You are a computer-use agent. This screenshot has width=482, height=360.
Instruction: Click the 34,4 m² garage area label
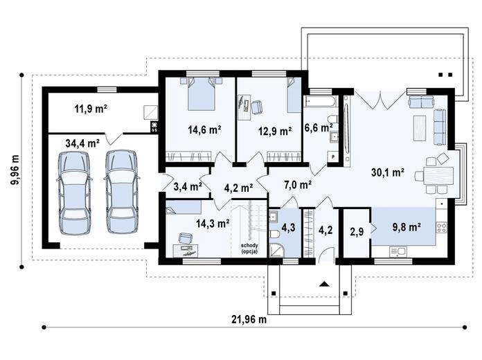click(x=82, y=143)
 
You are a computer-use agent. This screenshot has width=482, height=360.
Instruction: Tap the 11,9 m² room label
click(x=91, y=109)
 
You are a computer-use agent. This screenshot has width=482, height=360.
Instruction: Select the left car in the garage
click(x=74, y=192)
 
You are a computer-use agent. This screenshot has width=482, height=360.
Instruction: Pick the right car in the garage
click(x=121, y=191)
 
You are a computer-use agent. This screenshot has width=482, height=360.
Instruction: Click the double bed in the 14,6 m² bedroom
click(x=201, y=93)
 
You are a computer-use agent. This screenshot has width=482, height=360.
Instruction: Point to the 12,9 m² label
click(x=275, y=132)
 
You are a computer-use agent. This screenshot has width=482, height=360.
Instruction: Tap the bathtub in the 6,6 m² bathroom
click(x=321, y=101)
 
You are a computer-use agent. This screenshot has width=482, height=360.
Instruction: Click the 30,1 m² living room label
click(x=388, y=172)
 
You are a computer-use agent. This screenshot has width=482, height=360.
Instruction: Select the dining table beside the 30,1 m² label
click(x=438, y=175)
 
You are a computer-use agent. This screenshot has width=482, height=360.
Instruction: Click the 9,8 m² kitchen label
click(x=407, y=227)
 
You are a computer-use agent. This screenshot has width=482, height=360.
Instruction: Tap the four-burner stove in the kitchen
click(x=442, y=228)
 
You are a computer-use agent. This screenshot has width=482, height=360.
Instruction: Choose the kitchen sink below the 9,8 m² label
click(x=398, y=252)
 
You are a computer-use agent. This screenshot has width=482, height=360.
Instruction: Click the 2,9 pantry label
click(x=357, y=231)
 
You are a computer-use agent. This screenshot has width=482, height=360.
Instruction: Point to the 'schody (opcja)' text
click(x=249, y=249)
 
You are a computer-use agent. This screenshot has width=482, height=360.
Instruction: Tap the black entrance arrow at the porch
click(x=324, y=284)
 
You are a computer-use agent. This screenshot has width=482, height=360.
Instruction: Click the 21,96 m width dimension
click(x=249, y=320)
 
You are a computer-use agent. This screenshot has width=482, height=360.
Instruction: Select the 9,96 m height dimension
click(x=15, y=170)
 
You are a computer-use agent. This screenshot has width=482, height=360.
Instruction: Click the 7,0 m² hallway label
click(x=298, y=185)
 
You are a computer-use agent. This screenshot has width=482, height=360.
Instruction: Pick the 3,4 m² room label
click(x=188, y=186)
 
